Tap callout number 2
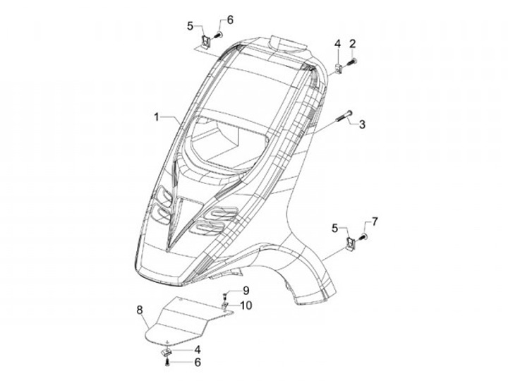coord(351,44)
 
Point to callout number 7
coord(375,222)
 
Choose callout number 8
coord(140,309)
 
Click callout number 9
coord(246,291)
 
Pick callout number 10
coord(246,305)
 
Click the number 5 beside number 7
coord(337,227)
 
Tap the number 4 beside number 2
coord(337,44)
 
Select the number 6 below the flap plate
coord(198,362)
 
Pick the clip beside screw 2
coord(338,67)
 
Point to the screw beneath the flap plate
coord(167,362)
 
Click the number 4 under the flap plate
coord(198,349)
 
